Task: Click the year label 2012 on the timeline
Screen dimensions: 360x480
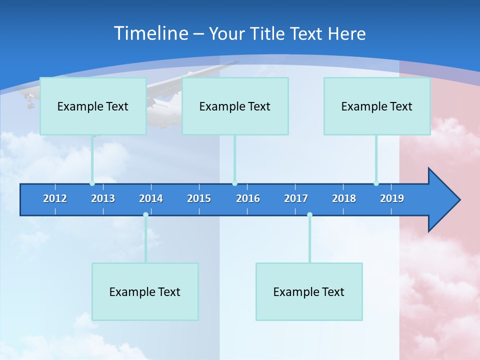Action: (x=55, y=198)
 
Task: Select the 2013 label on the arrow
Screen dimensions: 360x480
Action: (x=103, y=198)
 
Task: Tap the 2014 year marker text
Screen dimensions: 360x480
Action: (x=151, y=198)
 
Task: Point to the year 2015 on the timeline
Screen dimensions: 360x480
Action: (x=199, y=198)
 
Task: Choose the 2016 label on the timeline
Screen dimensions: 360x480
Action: (x=248, y=198)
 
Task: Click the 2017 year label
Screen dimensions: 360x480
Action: (x=296, y=198)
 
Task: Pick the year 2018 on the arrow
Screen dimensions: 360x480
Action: (x=344, y=198)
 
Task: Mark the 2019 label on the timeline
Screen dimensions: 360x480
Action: (x=392, y=198)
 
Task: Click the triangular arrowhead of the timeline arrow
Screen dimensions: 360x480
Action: (x=443, y=200)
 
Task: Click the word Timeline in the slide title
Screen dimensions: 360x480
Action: (x=150, y=33)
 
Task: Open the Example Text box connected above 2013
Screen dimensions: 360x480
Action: (x=93, y=106)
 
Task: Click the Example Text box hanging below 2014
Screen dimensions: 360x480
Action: (x=145, y=291)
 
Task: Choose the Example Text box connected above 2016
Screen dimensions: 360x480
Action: (x=235, y=106)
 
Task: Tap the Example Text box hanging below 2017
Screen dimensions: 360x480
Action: (x=309, y=291)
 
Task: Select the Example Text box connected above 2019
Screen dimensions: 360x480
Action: (x=377, y=106)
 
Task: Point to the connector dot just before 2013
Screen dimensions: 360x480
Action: (x=92, y=183)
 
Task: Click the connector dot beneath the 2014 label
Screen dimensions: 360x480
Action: (x=145, y=215)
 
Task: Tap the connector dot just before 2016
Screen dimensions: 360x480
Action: (x=234, y=183)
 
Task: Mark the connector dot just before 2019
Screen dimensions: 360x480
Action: (x=376, y=183)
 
